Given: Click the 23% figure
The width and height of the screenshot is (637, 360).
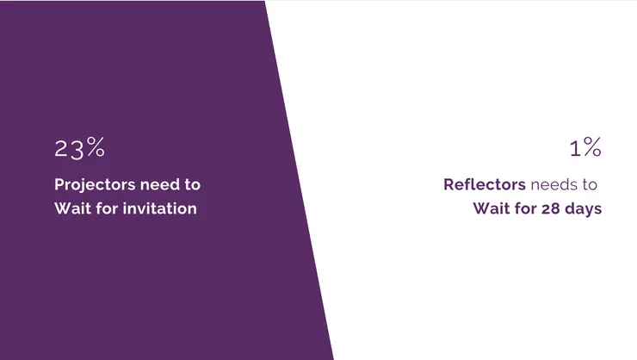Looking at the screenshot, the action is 79,148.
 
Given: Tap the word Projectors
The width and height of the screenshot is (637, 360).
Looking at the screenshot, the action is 95,185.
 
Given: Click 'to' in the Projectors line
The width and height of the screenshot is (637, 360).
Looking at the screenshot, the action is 193,185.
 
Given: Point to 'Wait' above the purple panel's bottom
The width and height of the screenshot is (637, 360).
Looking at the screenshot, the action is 72,208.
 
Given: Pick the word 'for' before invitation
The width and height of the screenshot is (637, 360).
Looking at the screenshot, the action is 107,208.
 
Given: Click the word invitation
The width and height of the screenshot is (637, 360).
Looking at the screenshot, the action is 160,208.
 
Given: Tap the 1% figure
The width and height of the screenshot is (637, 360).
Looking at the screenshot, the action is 585,147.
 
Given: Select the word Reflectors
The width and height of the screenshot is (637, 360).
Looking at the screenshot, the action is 485,184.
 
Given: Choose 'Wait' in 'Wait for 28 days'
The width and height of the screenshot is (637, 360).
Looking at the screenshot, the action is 492,208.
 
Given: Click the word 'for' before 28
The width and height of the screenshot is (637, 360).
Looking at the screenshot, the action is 526,208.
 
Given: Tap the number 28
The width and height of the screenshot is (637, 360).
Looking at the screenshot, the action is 551,208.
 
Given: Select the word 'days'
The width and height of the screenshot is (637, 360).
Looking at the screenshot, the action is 584,209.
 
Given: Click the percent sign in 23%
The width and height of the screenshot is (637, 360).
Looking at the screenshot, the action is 96,146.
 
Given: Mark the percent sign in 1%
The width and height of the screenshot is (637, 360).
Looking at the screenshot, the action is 592,146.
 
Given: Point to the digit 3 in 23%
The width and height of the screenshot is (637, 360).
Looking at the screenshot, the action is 77,150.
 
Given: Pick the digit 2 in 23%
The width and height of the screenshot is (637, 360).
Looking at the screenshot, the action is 61,148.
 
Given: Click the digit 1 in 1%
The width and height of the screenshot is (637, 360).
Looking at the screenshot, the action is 575,149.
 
